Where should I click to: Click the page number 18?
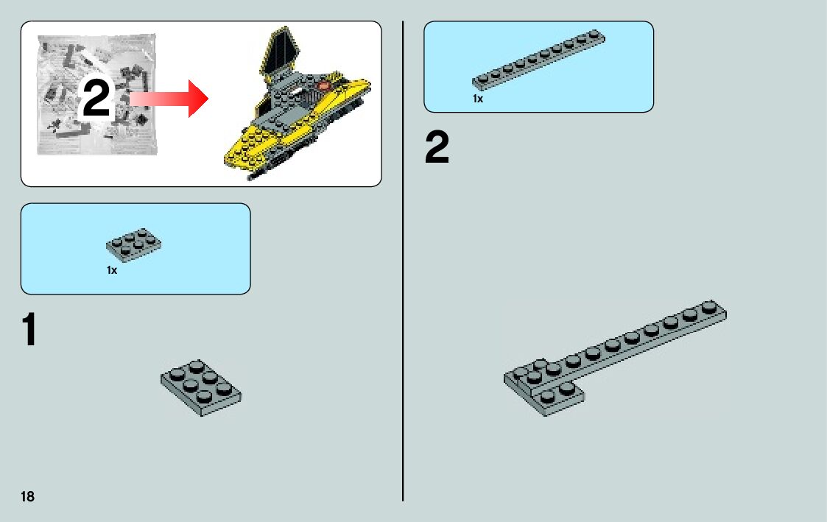[27, 496]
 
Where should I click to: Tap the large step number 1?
[29, 331]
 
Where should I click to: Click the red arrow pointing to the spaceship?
[169, 99]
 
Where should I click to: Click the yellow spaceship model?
[298, 110]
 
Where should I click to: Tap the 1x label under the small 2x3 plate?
[112, 270]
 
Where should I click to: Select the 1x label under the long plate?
[478, 99]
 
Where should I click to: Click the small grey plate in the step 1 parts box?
[134, 244]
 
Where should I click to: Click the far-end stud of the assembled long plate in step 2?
[709, 307]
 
